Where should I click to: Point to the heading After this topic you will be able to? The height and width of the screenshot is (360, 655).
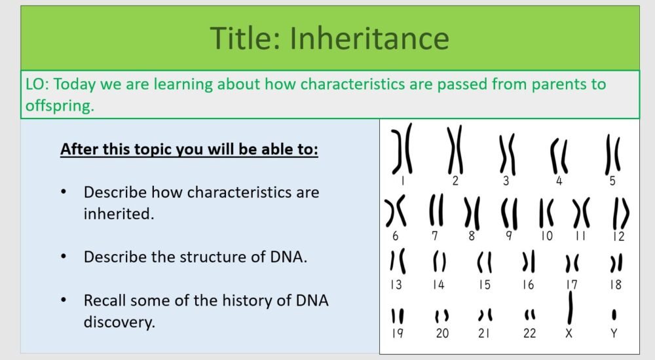click(189, 149)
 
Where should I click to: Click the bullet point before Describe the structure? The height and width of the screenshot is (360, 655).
click(64, 257)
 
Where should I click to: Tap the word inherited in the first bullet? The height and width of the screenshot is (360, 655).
click(118, 213)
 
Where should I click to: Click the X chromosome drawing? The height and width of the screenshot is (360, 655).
click(570, 307)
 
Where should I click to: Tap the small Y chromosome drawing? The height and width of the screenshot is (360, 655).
click(614, 315)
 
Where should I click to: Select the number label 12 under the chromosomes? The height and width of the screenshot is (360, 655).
click(618, 236)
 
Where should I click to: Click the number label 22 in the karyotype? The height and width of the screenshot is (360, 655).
click(529, 334)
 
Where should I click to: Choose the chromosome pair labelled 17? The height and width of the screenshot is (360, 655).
click(572, 263)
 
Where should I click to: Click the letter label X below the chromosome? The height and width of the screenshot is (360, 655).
click(569, 334)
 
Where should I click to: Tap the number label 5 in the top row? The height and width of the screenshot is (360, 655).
click(612, 181)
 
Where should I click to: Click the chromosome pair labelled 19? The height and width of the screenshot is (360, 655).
click(397, 316)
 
